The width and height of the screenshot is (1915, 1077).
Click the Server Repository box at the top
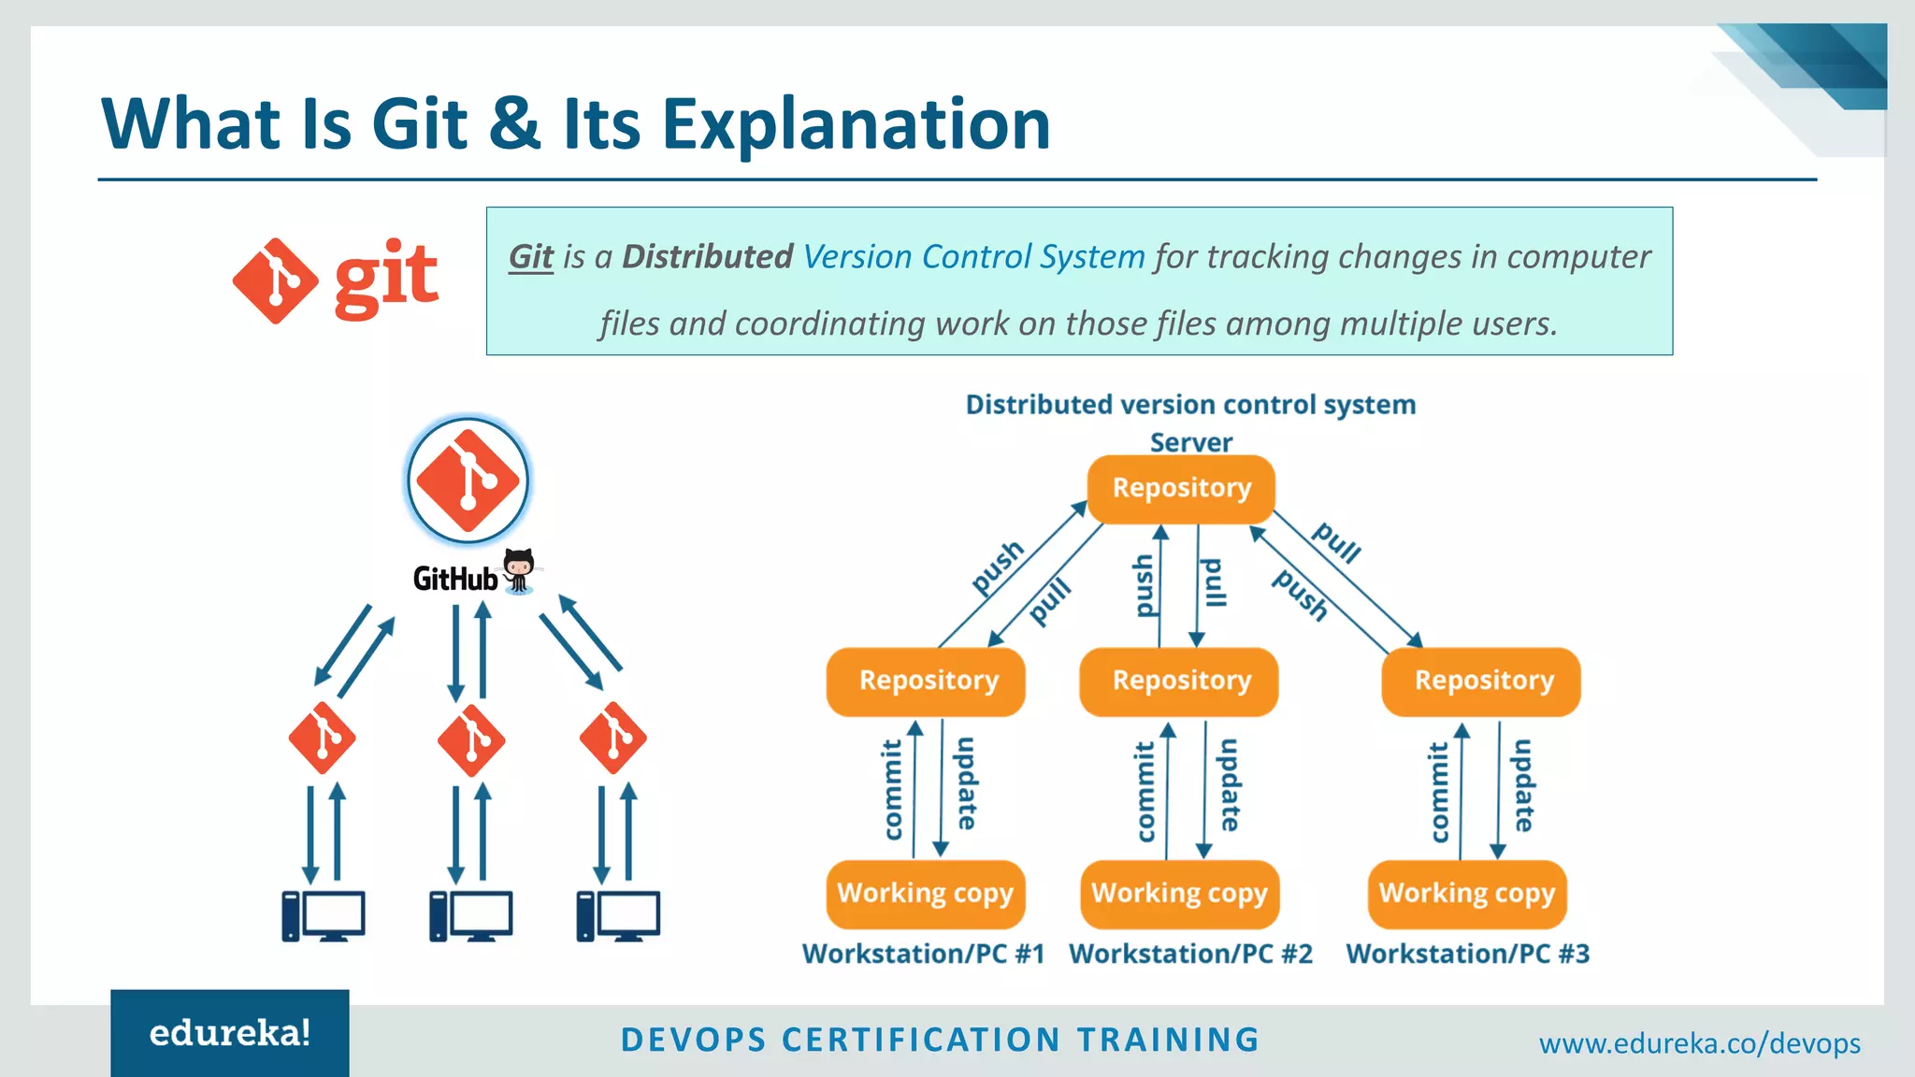[1181, 489]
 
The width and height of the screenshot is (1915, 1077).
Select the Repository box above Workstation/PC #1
[927, 682]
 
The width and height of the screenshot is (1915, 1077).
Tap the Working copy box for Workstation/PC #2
[1179, 894]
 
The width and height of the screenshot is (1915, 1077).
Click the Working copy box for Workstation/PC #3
[1466, 894]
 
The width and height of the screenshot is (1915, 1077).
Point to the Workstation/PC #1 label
[923, 954]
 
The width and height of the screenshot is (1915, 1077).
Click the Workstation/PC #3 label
[1467, 954]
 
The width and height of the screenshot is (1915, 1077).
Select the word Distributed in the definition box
[707, 257]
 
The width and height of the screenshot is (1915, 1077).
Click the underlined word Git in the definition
[531, 257]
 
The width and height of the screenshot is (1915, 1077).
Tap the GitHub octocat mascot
[519, 569]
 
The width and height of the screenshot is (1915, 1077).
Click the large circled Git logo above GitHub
[468, 481]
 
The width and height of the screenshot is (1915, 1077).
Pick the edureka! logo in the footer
[230, 1033]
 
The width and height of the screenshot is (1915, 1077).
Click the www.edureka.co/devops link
[1699, 1043]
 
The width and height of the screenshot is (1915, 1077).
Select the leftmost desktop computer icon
[324, 916]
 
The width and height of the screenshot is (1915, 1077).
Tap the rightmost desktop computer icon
[618, 916]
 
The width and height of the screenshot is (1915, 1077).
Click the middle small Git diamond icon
[471, 740]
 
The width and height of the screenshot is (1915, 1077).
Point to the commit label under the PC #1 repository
[893, 790]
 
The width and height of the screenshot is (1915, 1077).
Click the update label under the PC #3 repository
[1523, 785]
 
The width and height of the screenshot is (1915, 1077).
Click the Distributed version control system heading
[1190, 405]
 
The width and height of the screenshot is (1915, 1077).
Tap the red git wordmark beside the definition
[385, 278]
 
